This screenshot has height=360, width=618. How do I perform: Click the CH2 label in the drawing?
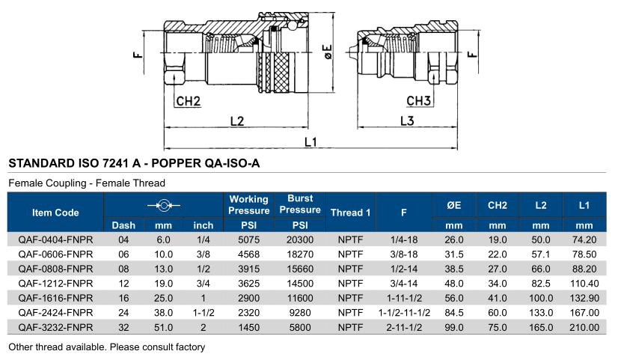tap(188, 101)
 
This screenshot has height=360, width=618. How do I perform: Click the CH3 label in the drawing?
tap(419, 101)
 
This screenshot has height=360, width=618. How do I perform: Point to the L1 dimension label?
tap(310, 141)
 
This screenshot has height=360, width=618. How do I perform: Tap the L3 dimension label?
tap(407, 120)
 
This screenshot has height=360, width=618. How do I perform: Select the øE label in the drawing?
tap(327, 52)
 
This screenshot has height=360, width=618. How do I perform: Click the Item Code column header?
tap(55, 213)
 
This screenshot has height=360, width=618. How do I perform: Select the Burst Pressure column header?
tap(299, 204)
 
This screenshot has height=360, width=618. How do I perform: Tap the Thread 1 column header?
tap(350, 213)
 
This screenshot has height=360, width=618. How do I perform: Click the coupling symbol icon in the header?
tap(162, 204)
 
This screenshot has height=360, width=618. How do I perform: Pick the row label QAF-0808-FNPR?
tap(55, 267)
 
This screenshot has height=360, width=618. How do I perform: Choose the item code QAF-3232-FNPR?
tap(55, 328)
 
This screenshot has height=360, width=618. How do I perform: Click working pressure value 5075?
tap(248, 240)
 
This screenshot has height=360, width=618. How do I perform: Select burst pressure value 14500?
tap(299, 284)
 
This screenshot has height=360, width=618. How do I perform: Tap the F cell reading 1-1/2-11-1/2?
tap(403, 313)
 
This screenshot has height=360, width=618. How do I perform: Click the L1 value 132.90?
tap(584, 298)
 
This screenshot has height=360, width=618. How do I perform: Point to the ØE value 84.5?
tap(454, 313)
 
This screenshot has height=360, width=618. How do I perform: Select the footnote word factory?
tap(189, 347)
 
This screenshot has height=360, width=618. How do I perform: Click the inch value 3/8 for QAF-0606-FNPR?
tap(203, 254)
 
